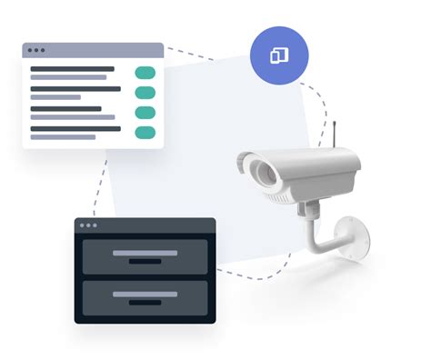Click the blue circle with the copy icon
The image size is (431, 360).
coord(279,55)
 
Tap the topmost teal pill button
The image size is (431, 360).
coord(145,73)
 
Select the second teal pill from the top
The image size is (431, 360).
coord(145,93)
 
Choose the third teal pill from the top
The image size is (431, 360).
coord(145,113)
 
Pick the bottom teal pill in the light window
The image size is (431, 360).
coord(145,133)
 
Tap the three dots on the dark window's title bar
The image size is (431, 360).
coord(88,225)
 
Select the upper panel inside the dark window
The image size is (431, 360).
coord(145,255)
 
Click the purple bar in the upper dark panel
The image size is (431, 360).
coord(145,252)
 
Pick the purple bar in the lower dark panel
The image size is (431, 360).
coord(145,294)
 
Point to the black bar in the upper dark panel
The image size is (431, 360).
coord(145,261)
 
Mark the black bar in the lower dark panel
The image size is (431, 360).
coord(145,302)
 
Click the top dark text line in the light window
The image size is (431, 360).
coord(73,68)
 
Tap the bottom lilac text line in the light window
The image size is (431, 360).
coord(64,137)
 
